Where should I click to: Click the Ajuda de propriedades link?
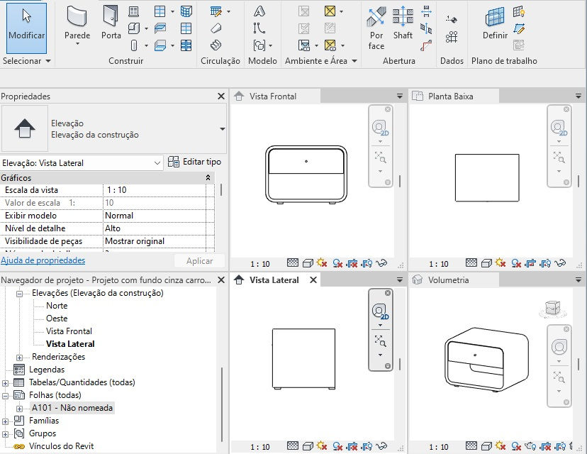43,260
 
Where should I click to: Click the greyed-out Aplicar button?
199,261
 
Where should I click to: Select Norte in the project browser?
57,306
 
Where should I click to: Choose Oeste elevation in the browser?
57,319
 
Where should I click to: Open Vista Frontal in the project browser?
69,331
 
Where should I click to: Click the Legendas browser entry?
47,370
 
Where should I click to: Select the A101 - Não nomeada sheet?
72,408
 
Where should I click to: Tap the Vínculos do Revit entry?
61,446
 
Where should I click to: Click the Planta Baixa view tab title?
450,96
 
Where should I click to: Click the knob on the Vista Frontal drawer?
306,162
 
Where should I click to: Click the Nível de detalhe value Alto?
113,228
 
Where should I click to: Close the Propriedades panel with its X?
221,96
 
